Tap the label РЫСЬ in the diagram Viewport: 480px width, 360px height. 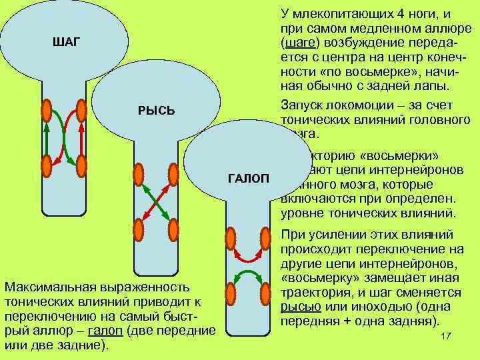(156, 110)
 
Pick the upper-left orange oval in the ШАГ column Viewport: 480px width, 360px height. (47, 111)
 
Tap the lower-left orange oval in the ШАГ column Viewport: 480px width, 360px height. (47, 165)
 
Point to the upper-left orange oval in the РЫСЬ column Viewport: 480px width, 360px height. (139, 174)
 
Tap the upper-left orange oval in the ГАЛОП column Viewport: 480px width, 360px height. (230, 239)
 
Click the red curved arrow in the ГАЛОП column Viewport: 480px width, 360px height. (247, 257)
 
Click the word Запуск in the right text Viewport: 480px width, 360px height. (304, 105)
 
